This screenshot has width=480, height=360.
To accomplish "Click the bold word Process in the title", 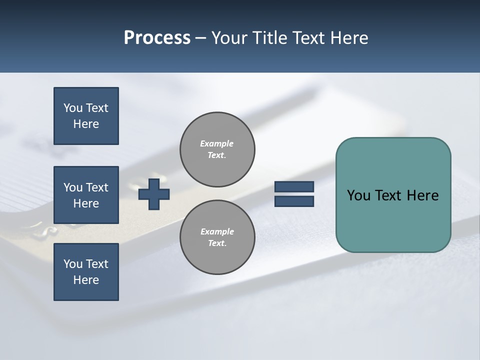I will pyautogui.click(x=157, y=38).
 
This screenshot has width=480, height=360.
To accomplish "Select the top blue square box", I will pyautogui.click(x=86, y=116).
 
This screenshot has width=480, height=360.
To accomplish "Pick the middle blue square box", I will pyautogui.click(x=86, y=195).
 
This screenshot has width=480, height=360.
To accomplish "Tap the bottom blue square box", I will pyautogui.click(x=86, y=272).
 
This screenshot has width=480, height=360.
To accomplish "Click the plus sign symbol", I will pyautogui.click(x=154, y=194).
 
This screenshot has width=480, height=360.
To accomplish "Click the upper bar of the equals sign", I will pyautogui.click(x=294, y=187).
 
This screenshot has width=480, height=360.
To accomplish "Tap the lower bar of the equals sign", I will pyautogui.click(x=294, y=201).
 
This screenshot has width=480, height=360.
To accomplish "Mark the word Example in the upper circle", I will pyautogui.click(x=216, y=143).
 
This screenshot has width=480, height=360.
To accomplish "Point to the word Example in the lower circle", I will pyautogui.click(x=217, y=231).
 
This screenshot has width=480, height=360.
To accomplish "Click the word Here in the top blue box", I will pyautogui.click(x=86, y=124).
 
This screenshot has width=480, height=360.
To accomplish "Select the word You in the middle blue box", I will pyautogui.click(x=72, y=187).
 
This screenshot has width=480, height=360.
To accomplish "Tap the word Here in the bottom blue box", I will pyautogui.click(x=86, y=280).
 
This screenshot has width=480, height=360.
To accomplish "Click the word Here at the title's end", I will pyautogui.click(x=350, y=38).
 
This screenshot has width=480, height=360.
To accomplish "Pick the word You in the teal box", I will pyautogui.click(x=358, y=195).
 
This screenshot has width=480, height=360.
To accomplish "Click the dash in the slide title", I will pyautogui.click(x=200, y=38).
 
